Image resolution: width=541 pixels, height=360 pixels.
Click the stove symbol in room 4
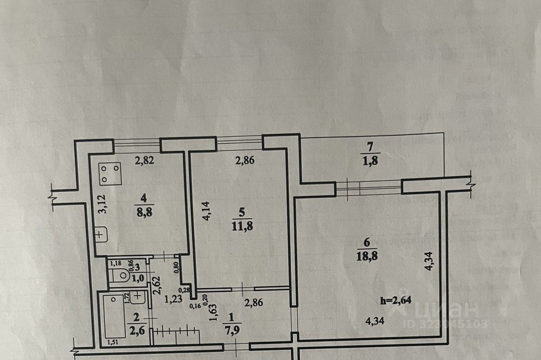point(110,173)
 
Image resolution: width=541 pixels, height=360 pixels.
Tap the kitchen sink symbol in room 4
point(101,234)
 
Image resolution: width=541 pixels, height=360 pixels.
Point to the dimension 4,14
point(206,211)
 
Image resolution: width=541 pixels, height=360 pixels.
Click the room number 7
point(370,146)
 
